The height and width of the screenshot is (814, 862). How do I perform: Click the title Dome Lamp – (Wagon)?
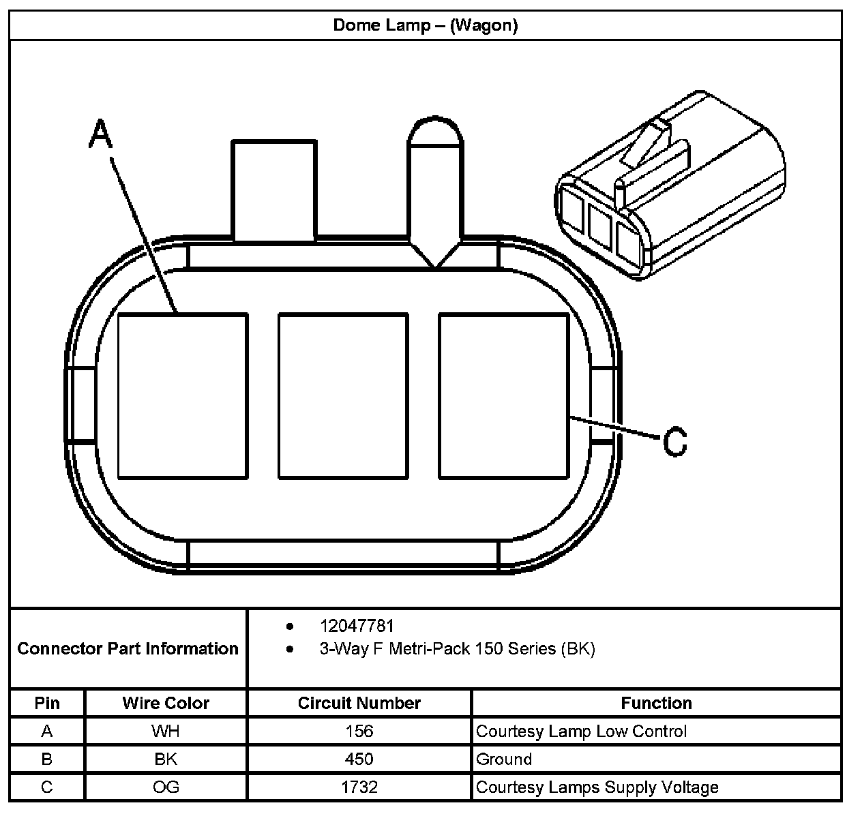tap(425, 25)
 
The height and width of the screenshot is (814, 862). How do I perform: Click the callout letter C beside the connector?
tap(674, 442)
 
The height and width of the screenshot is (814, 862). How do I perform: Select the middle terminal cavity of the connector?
tap(343, 395)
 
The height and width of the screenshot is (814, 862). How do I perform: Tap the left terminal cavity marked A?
tap(182, 395)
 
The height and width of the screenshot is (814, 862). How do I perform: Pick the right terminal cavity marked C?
tap(503, 395)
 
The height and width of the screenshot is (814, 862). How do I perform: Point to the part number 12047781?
tap(357, 626)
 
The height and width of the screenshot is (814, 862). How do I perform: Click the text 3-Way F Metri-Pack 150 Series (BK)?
tap(457, 648)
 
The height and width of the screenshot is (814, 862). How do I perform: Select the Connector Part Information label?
tap(128, 648)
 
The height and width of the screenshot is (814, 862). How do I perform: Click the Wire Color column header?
tap(166, 703)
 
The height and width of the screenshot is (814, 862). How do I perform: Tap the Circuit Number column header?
tap(359, 703)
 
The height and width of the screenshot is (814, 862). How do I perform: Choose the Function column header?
tap(656, 703)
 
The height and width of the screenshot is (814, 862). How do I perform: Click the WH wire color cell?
tap(166, 732)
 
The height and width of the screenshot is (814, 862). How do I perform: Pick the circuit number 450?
tap(359, 759)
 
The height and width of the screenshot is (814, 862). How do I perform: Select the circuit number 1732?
tap(359, 787)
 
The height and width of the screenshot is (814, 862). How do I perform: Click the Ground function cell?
tap(504, 759)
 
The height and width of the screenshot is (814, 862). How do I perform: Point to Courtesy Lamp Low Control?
tap(581, 732)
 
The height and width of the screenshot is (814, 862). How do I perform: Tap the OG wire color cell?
tap(166, 787)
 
